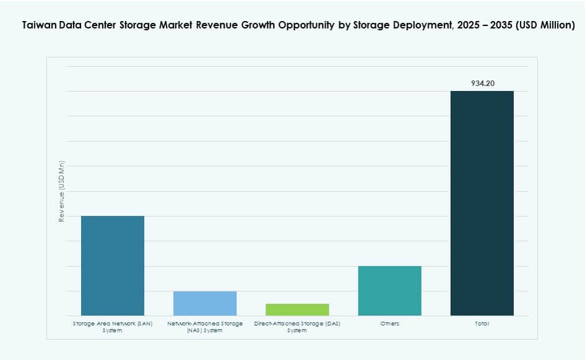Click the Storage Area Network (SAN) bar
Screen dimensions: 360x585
click(112, 265)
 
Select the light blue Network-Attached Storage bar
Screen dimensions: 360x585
click(204, 303)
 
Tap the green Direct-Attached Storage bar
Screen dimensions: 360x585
click(297, 309)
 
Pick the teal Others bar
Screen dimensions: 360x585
click(389, 291)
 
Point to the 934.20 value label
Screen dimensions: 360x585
click(482, 83)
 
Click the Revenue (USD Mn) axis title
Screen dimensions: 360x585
click(61, 191)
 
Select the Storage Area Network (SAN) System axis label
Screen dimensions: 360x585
click(112, 327)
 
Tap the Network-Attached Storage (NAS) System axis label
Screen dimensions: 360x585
click(204, 327)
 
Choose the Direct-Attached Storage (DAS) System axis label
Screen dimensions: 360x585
click(297, 327)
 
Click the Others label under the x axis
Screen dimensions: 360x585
click(390, 324)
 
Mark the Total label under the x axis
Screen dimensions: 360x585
click(482, 324)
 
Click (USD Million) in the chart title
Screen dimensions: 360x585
click(545, 26)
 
